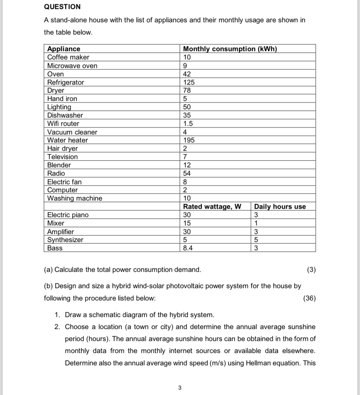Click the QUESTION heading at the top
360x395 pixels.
coord(62,7)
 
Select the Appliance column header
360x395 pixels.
coord(64,49)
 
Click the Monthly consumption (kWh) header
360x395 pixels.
coord(230,49)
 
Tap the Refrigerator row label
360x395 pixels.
coord(66,82)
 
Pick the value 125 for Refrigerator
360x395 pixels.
coord(189,82)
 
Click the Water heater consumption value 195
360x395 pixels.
coord(189,140)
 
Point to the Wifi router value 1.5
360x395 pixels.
coord(188,124)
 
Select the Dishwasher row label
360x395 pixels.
coord(65,115)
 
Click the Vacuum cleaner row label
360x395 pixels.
coord(72,132)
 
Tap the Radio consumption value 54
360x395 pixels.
coord(187,173)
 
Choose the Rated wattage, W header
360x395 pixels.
coord(212,207)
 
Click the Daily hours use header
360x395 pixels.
coord(280,207)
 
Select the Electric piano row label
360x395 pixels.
coord(68,215)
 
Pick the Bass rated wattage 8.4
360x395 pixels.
coord(188,248)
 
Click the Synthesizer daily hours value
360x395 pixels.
coord(256,240)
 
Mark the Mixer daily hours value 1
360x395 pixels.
coord(256,223)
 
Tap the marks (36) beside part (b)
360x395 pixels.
coord(309,298)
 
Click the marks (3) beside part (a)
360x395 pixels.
coord(311,270)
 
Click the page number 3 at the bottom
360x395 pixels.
coord(180,388)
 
